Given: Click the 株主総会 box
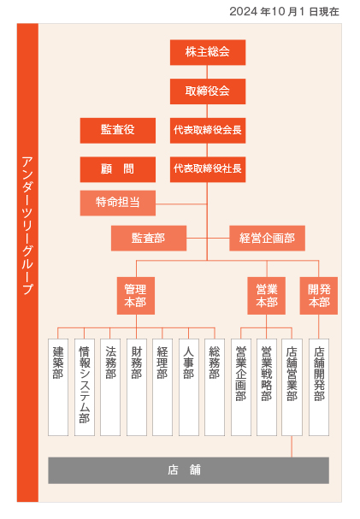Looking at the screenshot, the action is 208,52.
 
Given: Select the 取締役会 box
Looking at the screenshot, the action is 208,91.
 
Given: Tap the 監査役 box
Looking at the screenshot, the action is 118,131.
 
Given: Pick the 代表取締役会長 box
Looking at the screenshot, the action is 208,131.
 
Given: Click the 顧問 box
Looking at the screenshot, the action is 118,169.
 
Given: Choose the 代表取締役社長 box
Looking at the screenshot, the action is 208,169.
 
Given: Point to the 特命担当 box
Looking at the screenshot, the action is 118,203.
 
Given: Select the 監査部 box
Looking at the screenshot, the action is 149,239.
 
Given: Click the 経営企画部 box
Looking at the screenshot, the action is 268,239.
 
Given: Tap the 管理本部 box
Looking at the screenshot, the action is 136,296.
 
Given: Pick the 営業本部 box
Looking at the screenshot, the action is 266,296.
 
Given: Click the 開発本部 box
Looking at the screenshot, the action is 319,296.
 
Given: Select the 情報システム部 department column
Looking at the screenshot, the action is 85,387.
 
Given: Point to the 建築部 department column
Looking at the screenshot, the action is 58,387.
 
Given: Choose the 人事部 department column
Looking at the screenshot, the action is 189,387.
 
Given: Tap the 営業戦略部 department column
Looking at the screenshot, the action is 267,387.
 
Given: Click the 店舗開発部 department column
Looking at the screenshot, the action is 319,387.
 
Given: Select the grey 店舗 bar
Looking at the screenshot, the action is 189,470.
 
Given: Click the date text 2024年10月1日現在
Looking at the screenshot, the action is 284,12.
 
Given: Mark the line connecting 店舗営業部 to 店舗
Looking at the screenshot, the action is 292,446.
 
